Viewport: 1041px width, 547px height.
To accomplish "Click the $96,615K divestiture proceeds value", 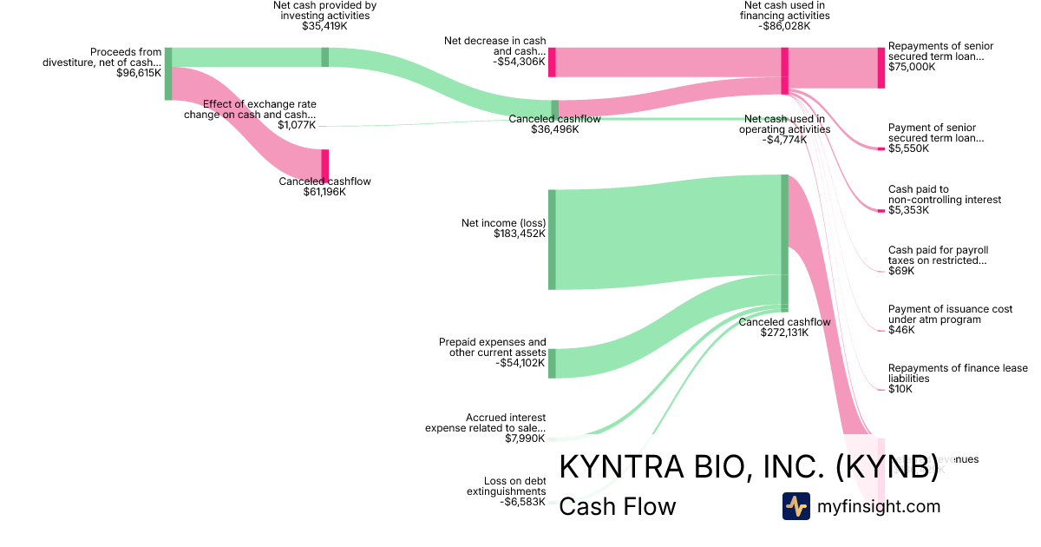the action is point(138,74).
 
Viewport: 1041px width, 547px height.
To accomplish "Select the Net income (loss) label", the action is point(503,223).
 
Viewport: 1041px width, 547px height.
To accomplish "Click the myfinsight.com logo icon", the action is point(795,506).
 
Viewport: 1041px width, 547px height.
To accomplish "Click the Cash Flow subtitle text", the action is point(617,506).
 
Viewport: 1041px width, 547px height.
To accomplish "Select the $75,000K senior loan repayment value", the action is point(912,67).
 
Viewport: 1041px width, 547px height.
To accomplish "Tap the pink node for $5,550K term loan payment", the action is point(881,149).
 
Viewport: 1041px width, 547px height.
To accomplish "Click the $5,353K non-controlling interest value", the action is point(908,210).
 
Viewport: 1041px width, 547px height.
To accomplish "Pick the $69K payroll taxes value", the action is point(900,271).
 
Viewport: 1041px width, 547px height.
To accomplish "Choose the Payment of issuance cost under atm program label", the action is point(950,314).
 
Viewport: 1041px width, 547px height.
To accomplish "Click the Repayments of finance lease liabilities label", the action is point(958,373).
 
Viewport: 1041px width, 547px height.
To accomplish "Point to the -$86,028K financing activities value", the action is point(783,26).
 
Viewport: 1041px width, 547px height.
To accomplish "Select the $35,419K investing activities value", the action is point(324,26).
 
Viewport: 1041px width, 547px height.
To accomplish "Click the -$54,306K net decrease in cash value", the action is point(520,62).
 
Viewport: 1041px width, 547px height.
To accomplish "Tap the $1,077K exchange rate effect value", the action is point(297,125).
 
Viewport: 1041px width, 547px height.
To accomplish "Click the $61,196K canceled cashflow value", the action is point(324,192).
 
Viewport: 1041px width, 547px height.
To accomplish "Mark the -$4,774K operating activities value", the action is point(784,140).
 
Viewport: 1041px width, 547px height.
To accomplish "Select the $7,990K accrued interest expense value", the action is point(526,438).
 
